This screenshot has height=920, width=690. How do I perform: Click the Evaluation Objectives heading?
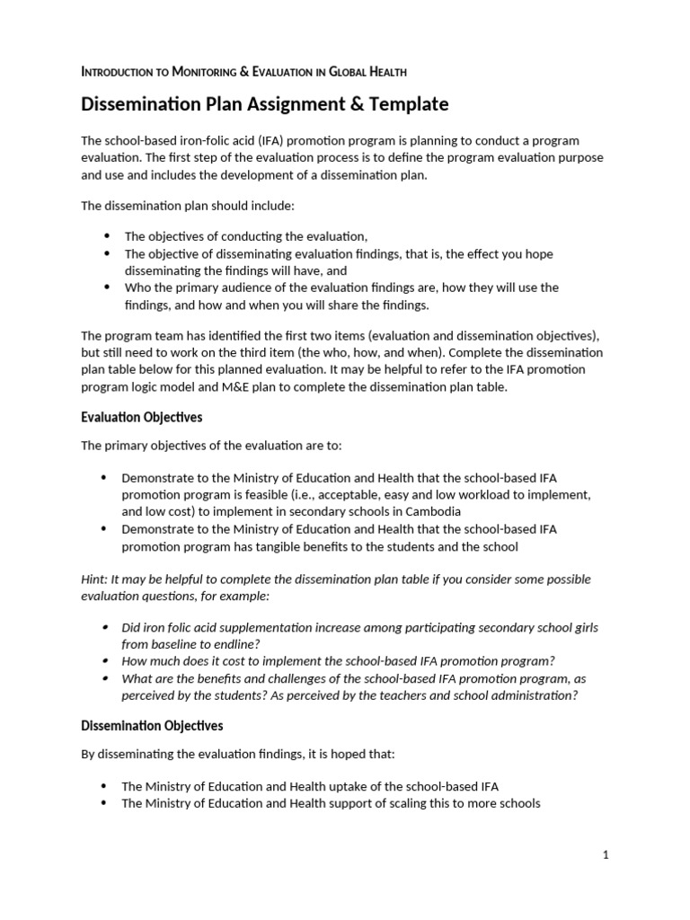(x=141, y=418)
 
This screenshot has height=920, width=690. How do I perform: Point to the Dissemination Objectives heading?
(x=153, y=725)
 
